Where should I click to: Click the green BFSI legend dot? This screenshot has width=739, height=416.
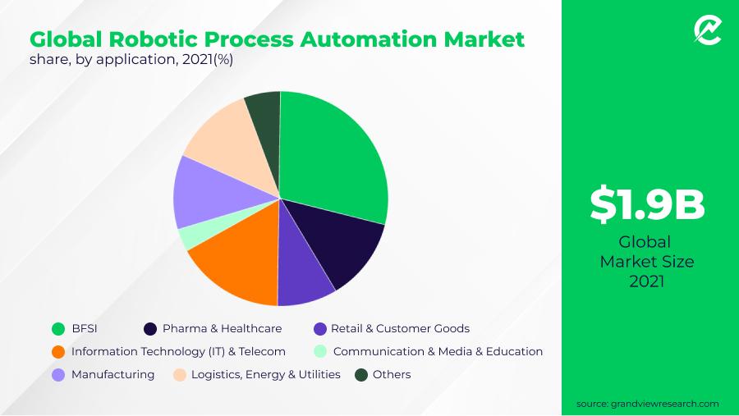pos(58,329)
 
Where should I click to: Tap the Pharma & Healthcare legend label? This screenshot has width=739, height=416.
pos(222,328)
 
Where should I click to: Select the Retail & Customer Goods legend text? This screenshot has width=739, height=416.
pos(400,328)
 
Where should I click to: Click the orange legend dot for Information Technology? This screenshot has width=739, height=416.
pos(58,351)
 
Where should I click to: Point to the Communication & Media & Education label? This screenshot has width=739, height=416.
pos(438,351)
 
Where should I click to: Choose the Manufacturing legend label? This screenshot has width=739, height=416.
pos(112,374)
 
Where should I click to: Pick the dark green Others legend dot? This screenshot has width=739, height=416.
pos(361,375)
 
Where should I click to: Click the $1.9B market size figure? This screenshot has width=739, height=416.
pos(647,204)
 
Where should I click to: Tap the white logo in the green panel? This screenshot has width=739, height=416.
pos(708,30)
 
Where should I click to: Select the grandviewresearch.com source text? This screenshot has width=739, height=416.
pos(647,404)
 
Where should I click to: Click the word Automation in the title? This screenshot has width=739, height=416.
pos(369,39)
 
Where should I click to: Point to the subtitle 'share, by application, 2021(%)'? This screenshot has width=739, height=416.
pos(131,60)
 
